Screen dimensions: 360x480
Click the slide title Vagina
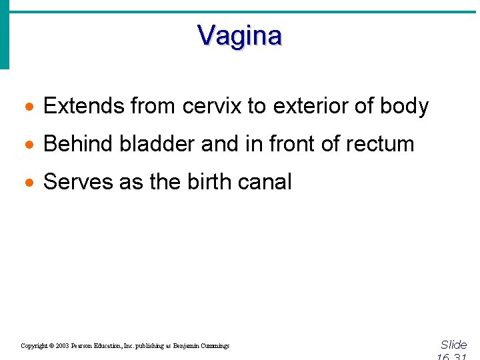[239, 35]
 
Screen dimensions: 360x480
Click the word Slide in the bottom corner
[453, 345]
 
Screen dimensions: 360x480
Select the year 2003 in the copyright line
[63, 346]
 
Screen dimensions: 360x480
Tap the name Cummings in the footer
[213, 346]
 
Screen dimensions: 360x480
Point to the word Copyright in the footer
[34, 346]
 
